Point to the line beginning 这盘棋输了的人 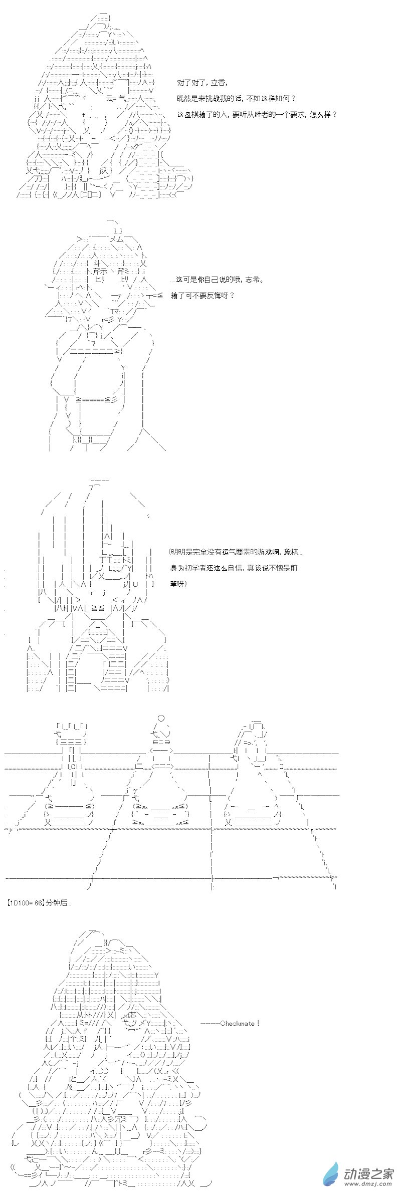(257, 114)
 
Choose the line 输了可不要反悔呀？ (203, 295)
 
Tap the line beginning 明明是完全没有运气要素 (236, 552)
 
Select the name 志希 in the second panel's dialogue (255, 280)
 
